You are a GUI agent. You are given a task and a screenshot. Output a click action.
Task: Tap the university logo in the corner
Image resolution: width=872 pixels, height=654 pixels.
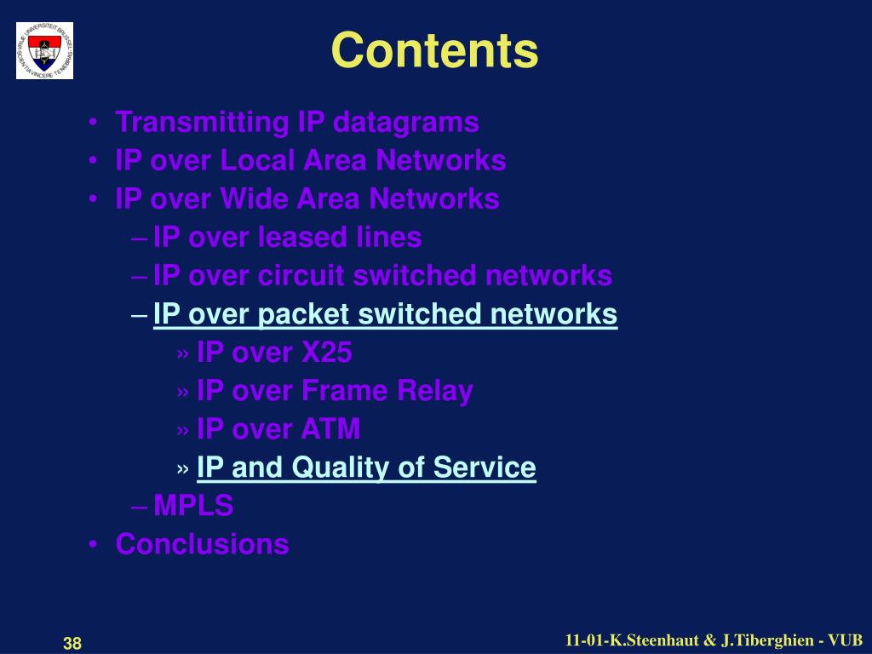(44, 51)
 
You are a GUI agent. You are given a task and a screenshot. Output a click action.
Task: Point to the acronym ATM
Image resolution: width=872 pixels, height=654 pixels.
(330, 429)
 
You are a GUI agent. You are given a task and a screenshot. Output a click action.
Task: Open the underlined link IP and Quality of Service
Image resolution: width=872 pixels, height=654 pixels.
(366, 468)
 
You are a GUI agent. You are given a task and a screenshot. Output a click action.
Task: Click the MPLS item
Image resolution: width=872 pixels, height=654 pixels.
(193, 506)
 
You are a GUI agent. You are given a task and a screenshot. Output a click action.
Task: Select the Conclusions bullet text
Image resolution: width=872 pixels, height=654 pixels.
(202, 544)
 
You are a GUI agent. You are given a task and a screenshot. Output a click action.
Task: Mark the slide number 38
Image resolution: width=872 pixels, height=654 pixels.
(72, 644)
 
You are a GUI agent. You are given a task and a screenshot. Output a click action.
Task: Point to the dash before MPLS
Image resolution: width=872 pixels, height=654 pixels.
(141, 507)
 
